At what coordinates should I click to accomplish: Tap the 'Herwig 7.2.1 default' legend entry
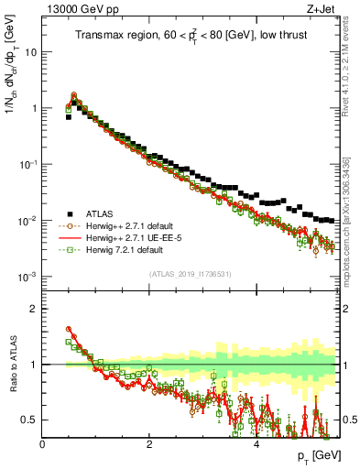pos(127,249)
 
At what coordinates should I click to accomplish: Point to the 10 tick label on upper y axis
pos(30,52)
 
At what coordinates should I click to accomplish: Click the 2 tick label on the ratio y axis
pos(33,309)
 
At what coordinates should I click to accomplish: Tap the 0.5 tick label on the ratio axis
pos(29,420)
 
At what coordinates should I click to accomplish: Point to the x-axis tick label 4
pos(256,444)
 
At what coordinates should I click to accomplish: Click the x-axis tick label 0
pos(43,444)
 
